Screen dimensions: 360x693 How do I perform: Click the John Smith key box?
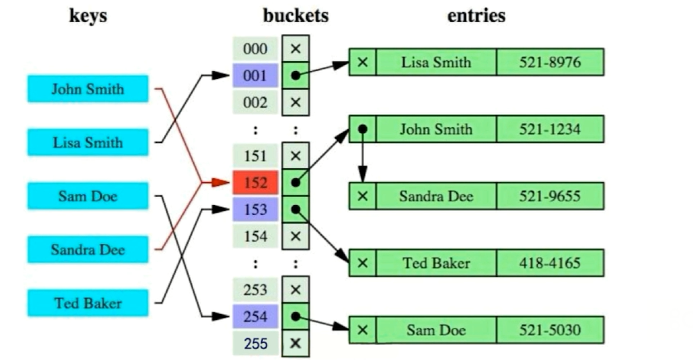[88, 89]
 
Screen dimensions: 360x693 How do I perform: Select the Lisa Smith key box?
[88, 142]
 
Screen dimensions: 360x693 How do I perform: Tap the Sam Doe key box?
[88, 196]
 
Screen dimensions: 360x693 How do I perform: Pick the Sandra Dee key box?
[88, 250]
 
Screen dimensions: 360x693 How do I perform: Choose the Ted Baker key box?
[88, 303]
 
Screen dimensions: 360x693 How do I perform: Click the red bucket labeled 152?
[255, 183]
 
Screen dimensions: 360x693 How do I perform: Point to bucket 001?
[255, 76]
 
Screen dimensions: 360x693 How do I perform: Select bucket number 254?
[255, 317]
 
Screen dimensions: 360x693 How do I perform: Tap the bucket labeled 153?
[255, 210]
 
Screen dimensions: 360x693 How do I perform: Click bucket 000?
[255, 49]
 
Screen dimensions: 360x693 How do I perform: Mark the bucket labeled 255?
[255, 344]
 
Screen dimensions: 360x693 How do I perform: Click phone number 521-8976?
[550, 62]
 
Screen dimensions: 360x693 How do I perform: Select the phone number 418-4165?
[550, 263]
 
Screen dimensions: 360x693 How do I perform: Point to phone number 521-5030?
[550, 330]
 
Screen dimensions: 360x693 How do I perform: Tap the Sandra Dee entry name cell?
[436, 196]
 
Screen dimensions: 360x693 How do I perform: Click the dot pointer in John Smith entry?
[362, 129]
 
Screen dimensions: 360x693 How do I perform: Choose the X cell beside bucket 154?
[295, 236]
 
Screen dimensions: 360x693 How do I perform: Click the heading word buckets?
[296, 15]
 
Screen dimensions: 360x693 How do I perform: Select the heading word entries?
[476, 15]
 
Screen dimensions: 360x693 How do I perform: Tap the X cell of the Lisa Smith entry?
[362, 62]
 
